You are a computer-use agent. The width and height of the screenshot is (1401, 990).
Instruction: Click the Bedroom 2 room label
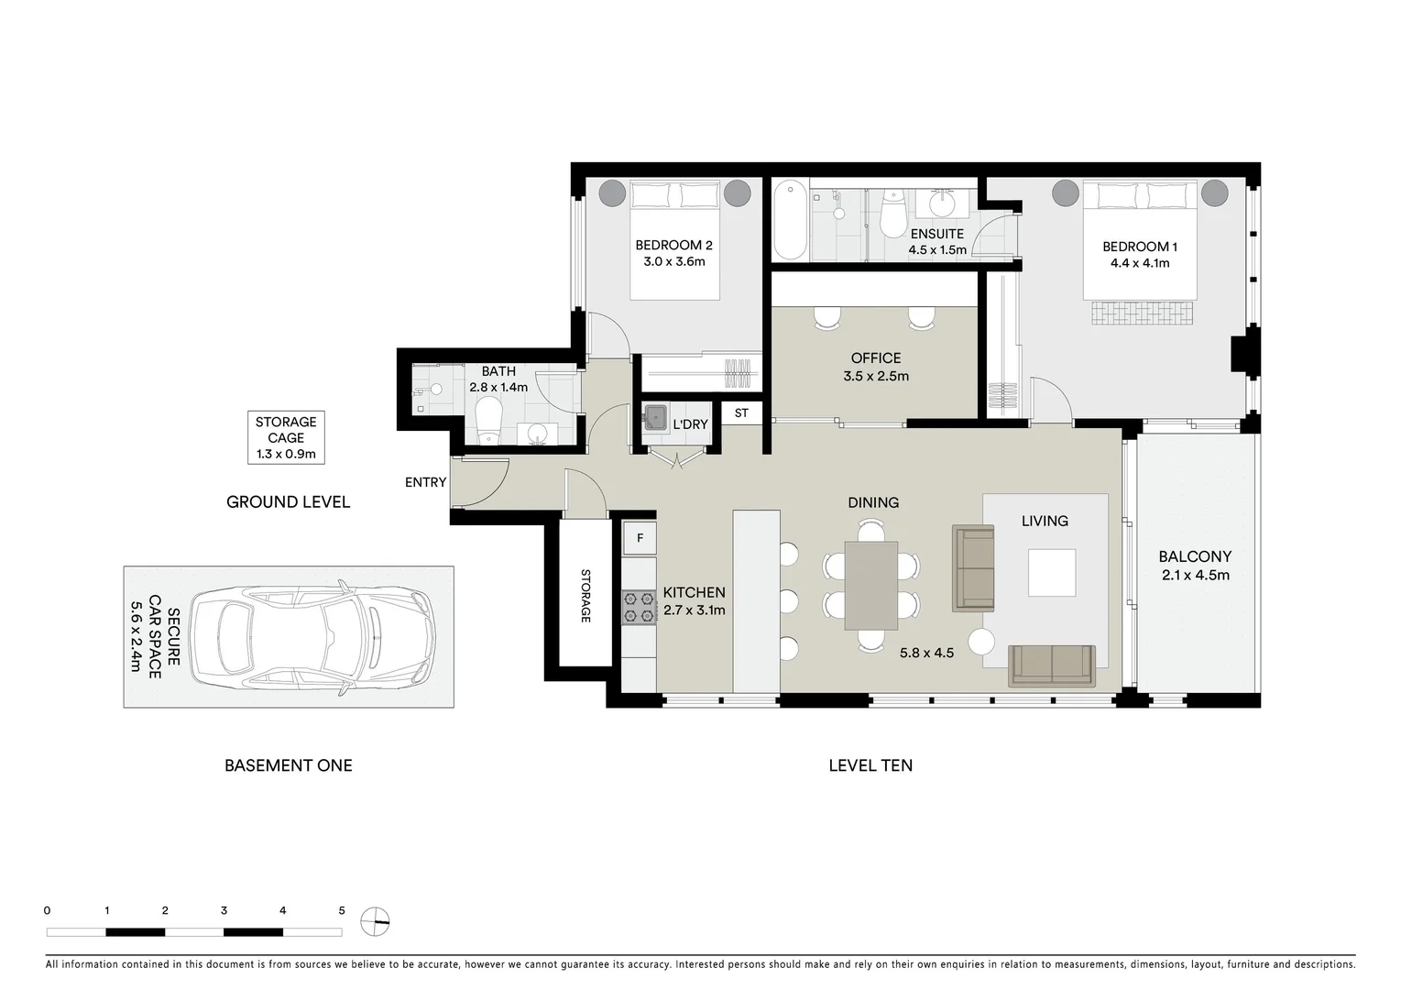point(673,253)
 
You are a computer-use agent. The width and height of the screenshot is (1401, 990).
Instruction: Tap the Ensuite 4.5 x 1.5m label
point(936,242)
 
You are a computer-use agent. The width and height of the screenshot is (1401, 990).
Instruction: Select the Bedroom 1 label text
point(1139,254)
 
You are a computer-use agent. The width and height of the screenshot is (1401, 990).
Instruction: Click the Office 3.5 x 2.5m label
point(875,367)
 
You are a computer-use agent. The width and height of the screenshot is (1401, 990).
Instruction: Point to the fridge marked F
point(640,538)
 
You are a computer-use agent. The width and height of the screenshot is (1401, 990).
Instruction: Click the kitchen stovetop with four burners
point(640,607)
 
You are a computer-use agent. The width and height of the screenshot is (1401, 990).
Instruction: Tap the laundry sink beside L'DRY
point(655,418)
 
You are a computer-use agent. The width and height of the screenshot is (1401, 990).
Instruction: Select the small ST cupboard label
point(741,413)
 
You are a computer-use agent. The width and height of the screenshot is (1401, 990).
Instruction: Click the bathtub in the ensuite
point(790,221)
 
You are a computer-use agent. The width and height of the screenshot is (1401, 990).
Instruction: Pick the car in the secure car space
point(312,636)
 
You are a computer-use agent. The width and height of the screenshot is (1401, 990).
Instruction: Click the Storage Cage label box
point(286,437)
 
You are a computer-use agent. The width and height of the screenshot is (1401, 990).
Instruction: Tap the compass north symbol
point(375,920)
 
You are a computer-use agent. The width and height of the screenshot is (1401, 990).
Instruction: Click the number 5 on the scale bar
point(342,910)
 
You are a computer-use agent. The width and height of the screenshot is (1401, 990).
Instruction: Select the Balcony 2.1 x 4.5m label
point(1194,566)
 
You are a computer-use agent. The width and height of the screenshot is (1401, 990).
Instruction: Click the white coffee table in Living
point(1051,573)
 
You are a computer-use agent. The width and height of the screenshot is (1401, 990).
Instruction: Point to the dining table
point(870,586)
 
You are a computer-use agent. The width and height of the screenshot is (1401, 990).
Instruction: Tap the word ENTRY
point(425,482)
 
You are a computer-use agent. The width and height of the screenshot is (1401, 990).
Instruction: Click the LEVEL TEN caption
point(870,765)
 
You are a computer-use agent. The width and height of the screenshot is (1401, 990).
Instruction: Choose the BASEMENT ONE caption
point(288,765)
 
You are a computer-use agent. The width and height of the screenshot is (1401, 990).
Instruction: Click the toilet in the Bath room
point(488,418)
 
